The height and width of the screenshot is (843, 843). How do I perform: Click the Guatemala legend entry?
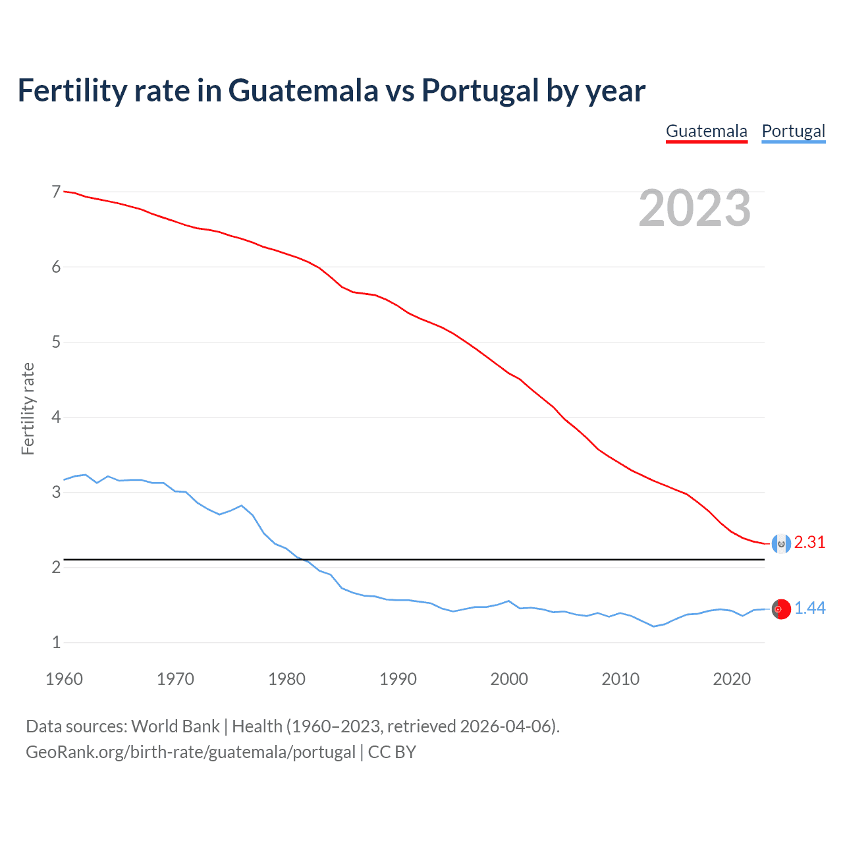[706, 131]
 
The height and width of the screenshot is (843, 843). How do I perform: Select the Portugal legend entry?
[793, 131]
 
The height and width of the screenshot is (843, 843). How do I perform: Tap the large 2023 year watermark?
[694, 208]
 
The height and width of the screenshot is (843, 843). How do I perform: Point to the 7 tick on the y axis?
[56, 192]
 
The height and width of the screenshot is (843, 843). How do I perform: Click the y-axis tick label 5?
[56, 342]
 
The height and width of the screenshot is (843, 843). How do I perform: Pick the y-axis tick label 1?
[56, 642]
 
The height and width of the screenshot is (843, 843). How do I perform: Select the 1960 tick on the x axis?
[64, 679]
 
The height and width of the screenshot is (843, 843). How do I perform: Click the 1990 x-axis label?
[398, 679]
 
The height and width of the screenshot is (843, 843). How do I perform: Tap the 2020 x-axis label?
[732, 679]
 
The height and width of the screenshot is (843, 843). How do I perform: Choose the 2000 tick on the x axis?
[509, 679]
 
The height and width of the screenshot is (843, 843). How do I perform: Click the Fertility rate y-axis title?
[28, 408]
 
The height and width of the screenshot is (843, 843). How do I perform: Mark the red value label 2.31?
[809, 542]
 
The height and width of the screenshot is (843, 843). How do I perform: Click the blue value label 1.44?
[809, 609]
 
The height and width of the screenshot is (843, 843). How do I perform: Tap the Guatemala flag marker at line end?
[781, 543]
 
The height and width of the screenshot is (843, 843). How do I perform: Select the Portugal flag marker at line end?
[781, 609]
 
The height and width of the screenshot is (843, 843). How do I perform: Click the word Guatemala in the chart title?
[303, 90]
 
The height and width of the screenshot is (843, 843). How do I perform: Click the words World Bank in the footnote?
[175, 726]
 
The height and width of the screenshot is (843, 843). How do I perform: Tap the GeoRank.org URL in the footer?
[190, 752]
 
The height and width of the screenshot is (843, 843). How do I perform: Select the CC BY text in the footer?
[392, 752]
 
